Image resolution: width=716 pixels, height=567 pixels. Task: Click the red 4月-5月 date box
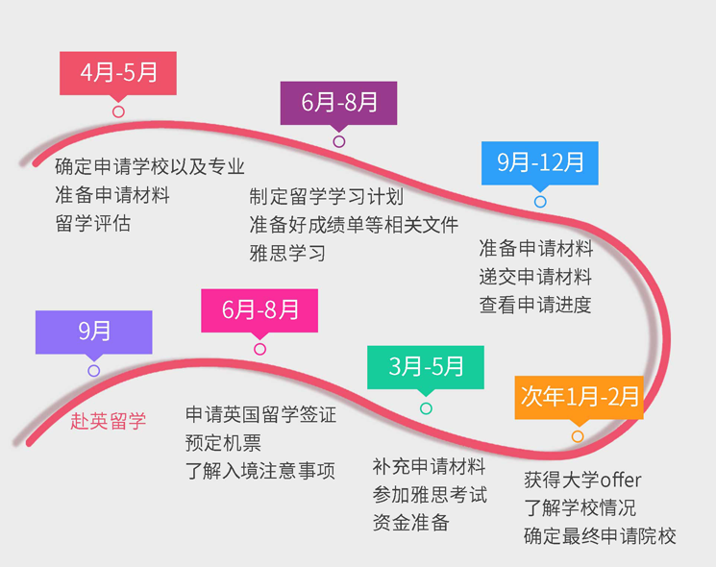118,73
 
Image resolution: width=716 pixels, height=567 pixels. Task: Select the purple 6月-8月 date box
338,103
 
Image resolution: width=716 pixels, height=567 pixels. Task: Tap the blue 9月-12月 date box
540,163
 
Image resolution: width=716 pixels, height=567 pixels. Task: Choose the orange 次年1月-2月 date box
579,397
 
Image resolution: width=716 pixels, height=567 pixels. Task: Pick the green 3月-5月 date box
426,367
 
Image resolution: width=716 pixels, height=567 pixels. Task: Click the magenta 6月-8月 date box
259,310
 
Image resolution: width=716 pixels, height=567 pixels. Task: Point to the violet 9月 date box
93,332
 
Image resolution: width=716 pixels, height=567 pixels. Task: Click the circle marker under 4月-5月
118,111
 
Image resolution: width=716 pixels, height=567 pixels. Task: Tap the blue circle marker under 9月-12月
540,201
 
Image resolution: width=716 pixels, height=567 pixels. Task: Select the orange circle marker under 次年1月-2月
578,436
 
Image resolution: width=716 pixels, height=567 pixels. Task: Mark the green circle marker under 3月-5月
426,408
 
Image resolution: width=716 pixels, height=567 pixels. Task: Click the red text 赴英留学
109,421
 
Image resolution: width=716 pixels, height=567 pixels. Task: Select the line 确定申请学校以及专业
150,166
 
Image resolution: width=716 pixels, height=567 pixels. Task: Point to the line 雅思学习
287,253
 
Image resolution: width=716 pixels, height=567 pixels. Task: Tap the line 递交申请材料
535,277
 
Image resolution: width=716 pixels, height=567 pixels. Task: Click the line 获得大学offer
582,480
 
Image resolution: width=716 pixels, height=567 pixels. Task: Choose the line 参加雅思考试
431,494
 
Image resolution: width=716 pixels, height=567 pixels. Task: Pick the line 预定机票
223,443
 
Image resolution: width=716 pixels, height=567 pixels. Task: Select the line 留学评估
93,223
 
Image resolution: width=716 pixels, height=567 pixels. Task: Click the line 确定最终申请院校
600,536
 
